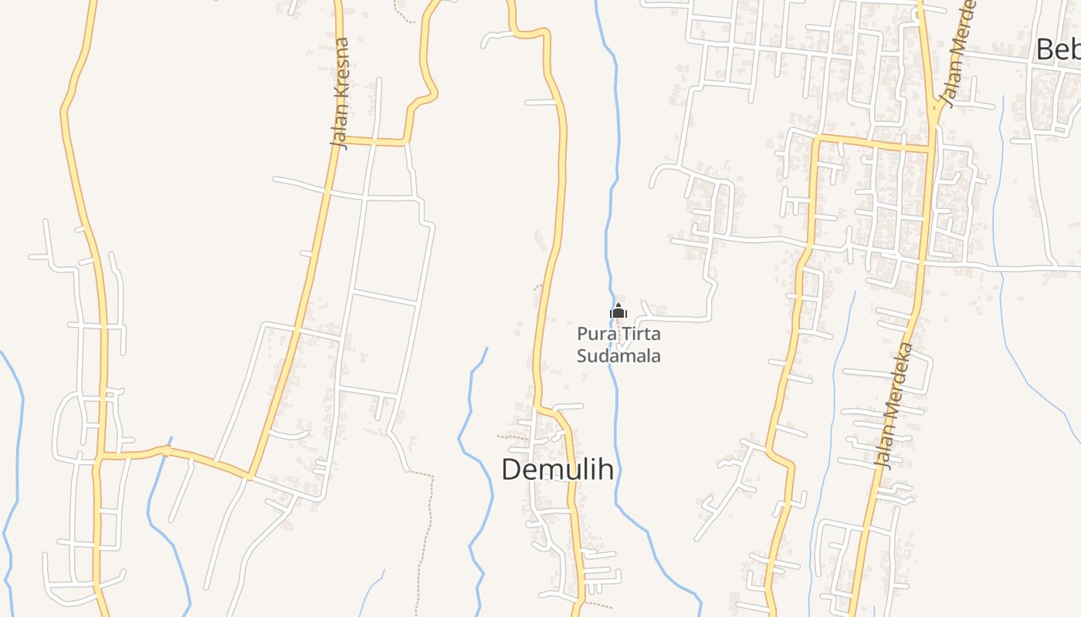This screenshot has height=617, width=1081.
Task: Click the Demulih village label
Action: tap(557, 469)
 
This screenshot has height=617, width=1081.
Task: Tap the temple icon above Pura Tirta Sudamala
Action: tap(618, 312)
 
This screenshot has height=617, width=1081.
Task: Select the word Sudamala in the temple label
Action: tap(618, 356)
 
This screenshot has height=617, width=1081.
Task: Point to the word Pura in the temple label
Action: tap(594, 335)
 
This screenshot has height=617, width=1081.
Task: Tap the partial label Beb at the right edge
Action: tap(1058, 49)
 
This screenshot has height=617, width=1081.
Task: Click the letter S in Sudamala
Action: tap(581, 356)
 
